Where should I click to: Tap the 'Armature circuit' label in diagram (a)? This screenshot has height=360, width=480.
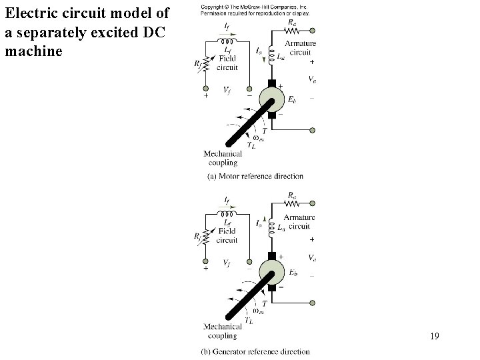click(300, 48)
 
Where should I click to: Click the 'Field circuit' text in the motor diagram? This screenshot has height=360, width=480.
click(229, 63)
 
